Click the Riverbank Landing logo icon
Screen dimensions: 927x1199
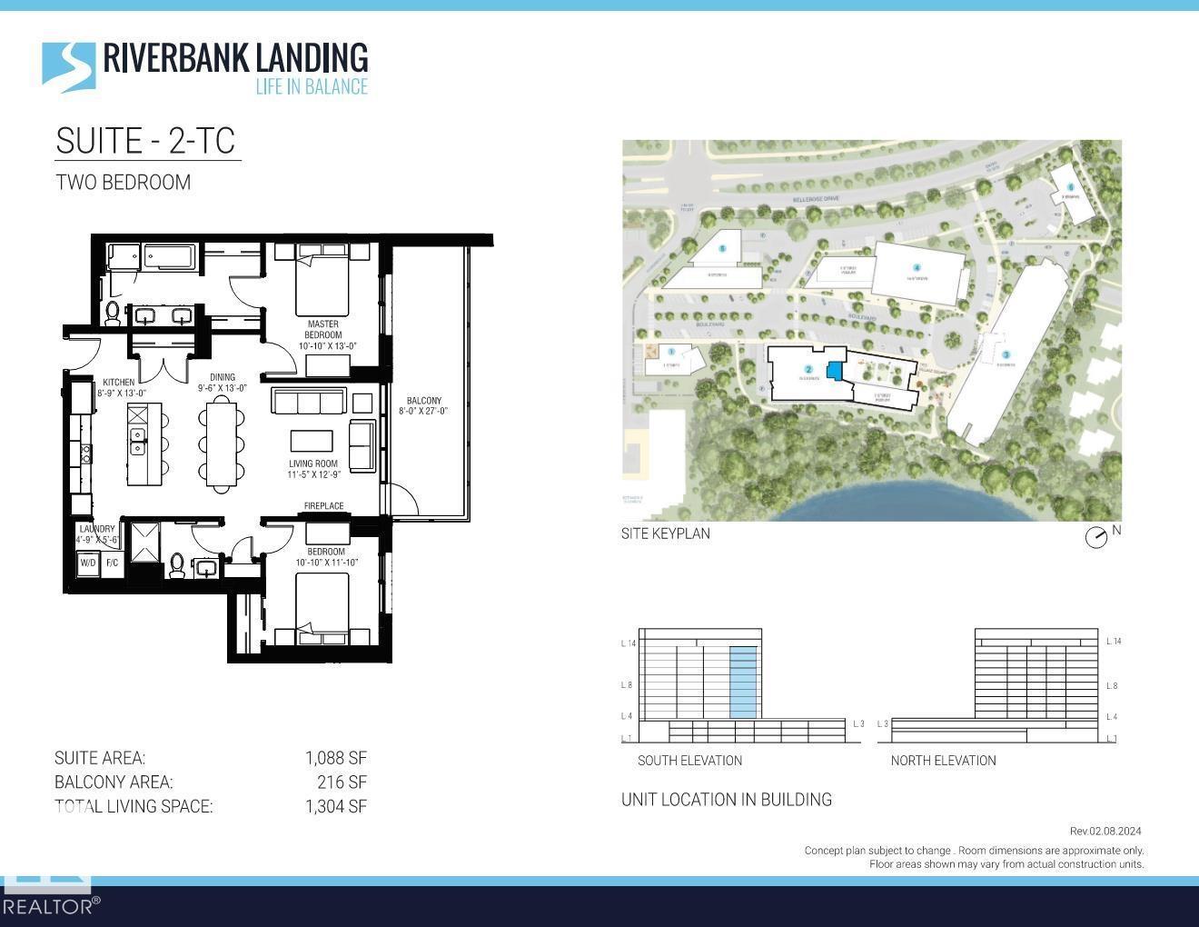(68, 66)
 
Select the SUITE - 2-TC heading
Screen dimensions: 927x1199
(146, 141)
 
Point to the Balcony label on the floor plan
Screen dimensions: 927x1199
(423, 405)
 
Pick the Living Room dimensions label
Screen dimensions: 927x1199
(313, 469)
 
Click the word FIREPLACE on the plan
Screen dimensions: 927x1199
(323, 506)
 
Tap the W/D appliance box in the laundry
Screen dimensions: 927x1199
(88, 563)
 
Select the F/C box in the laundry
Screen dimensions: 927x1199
(112, 563)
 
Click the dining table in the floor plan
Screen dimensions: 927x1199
(223, 444)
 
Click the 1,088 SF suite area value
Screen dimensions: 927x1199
(335, 758)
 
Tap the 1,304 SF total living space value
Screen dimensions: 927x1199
(335, 806)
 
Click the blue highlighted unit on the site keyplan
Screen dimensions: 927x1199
(834, 371)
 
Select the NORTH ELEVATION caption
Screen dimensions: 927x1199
(943, 761)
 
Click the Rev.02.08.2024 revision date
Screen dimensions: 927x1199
(1105, 831)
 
